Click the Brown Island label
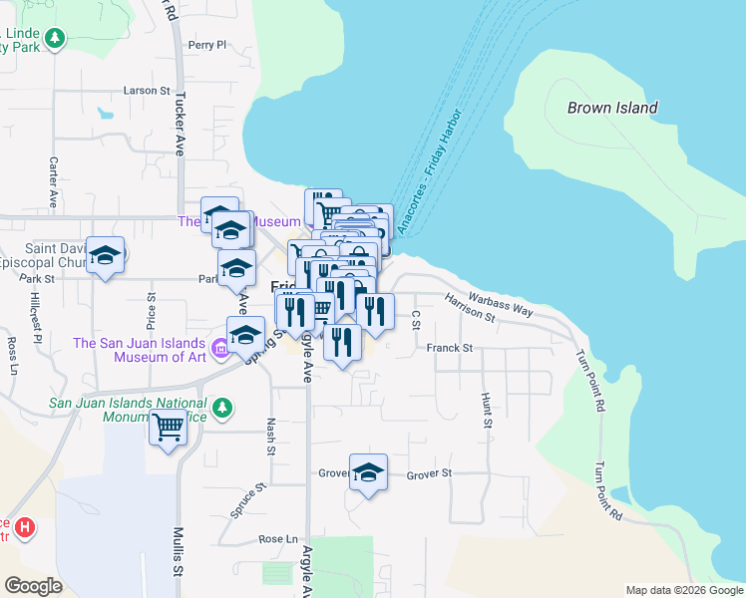pyautogui.click(x=611, y=108)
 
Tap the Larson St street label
pyautogui.click(x=146, y=91)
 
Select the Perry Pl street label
pyautogui.click(x=207, y=45)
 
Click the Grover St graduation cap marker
pyautogui.click(x=368, y=472)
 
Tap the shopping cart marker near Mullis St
pyautogui.click(x=169, y=428)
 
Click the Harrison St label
pyautogui.click(x=470, y=308)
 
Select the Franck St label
pyautogui.click(x=449, y=349)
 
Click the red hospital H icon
pyautogui.click(x=26, y=526)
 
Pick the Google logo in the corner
pyautogui.click(x=33, y=586)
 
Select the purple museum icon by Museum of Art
pyautogui.click(x=221, y=350)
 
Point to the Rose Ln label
pyautogui.click(x=278, y=539)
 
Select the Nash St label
pyautogui.click(x=271, y=436)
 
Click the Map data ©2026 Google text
pyautogui.click(x=684, y=590)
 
